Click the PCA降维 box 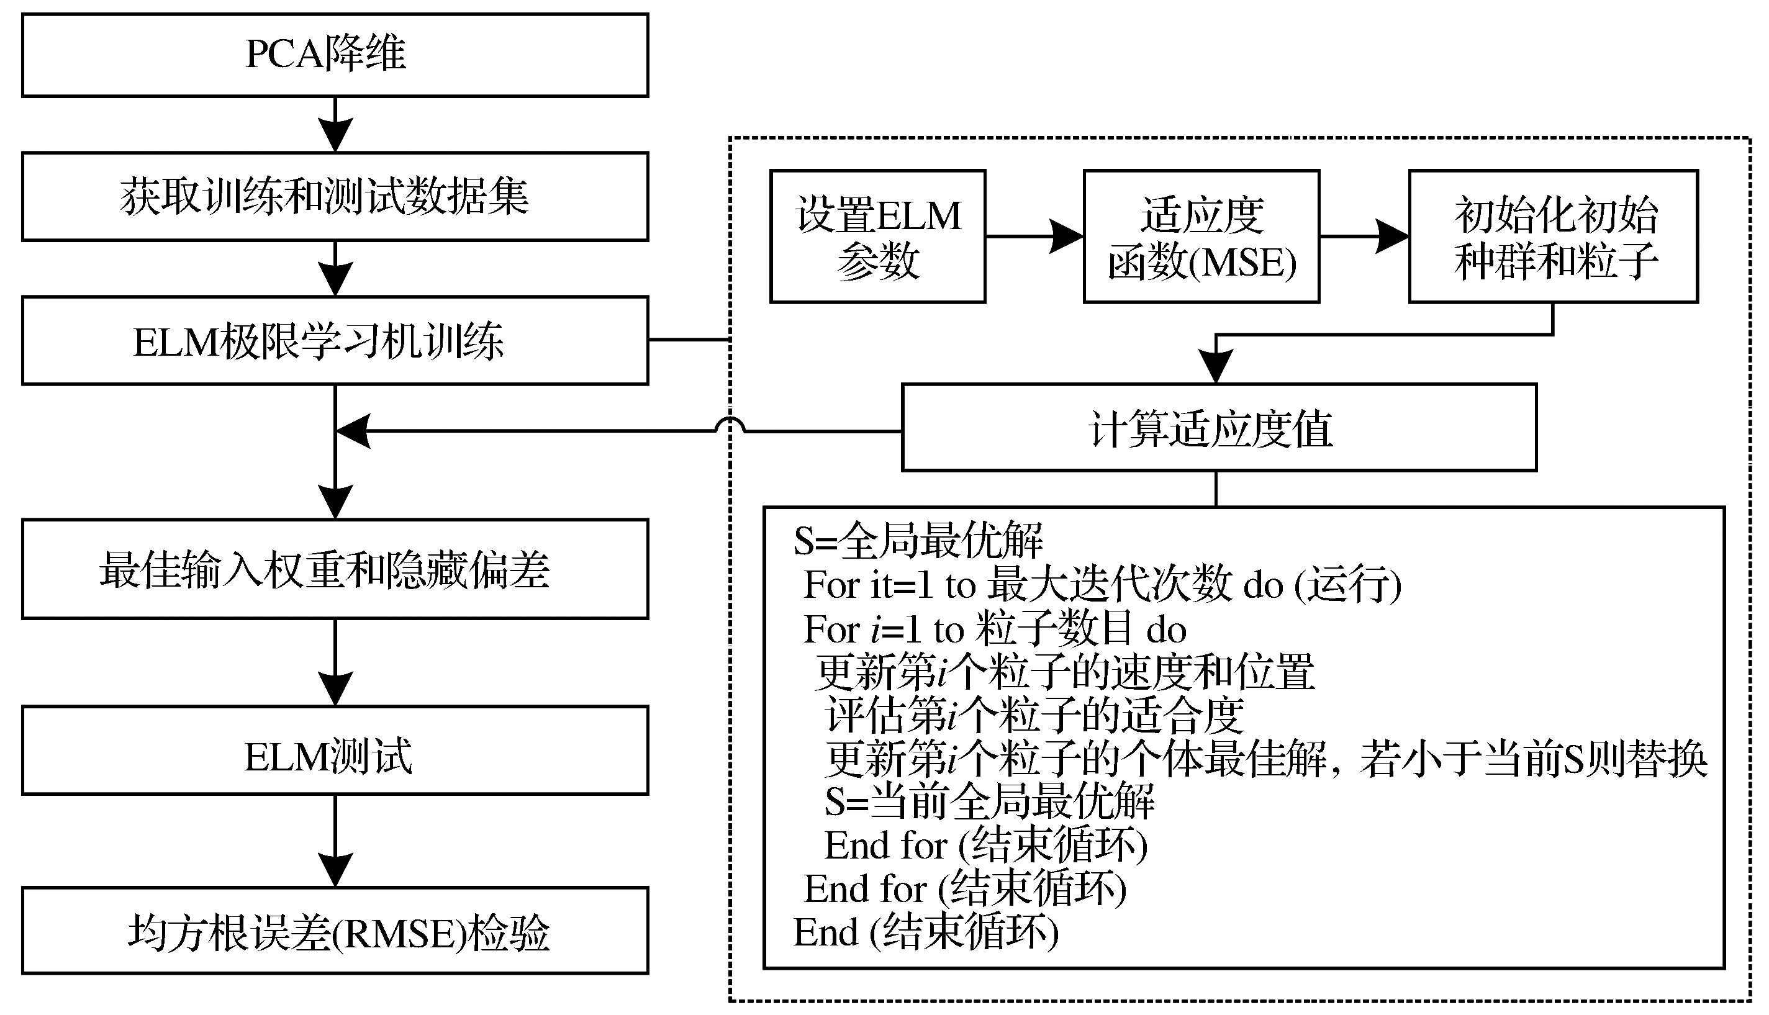(x=335, y=55)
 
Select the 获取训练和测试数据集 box (x=335, y=197)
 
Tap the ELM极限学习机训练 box (x=335, y=341)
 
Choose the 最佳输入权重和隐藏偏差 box (x=335, y=569)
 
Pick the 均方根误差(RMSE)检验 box (x=335, y=932)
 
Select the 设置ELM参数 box (x=877, y=237)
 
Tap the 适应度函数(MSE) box (x=1201, y=237)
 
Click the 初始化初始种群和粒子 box (x=1554, y=237)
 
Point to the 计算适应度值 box (x=1219, y=428)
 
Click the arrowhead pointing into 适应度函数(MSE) (x=1067, y=237)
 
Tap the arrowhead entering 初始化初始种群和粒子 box (x=1393, y=237)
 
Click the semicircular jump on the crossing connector (x=730, y=425)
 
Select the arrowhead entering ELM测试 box (x=335, y=688)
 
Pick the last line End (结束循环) (x=926, y=932)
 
